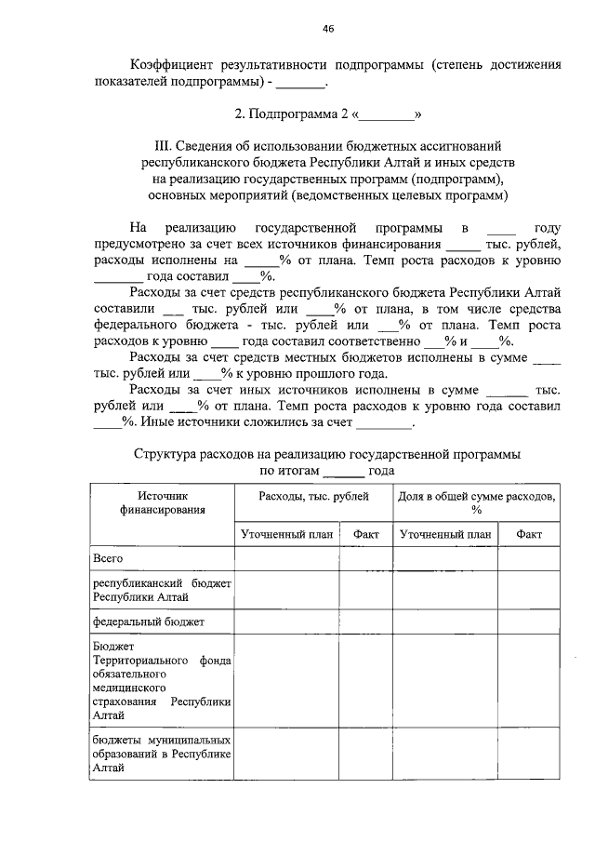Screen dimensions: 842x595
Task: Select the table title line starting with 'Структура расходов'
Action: tap(326, 454)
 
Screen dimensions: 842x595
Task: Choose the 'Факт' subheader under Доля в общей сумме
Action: tap(529, 535)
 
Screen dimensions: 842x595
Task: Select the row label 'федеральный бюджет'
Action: tap(147, 621)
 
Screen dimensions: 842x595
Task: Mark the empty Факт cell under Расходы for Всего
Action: tap(365, 558)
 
